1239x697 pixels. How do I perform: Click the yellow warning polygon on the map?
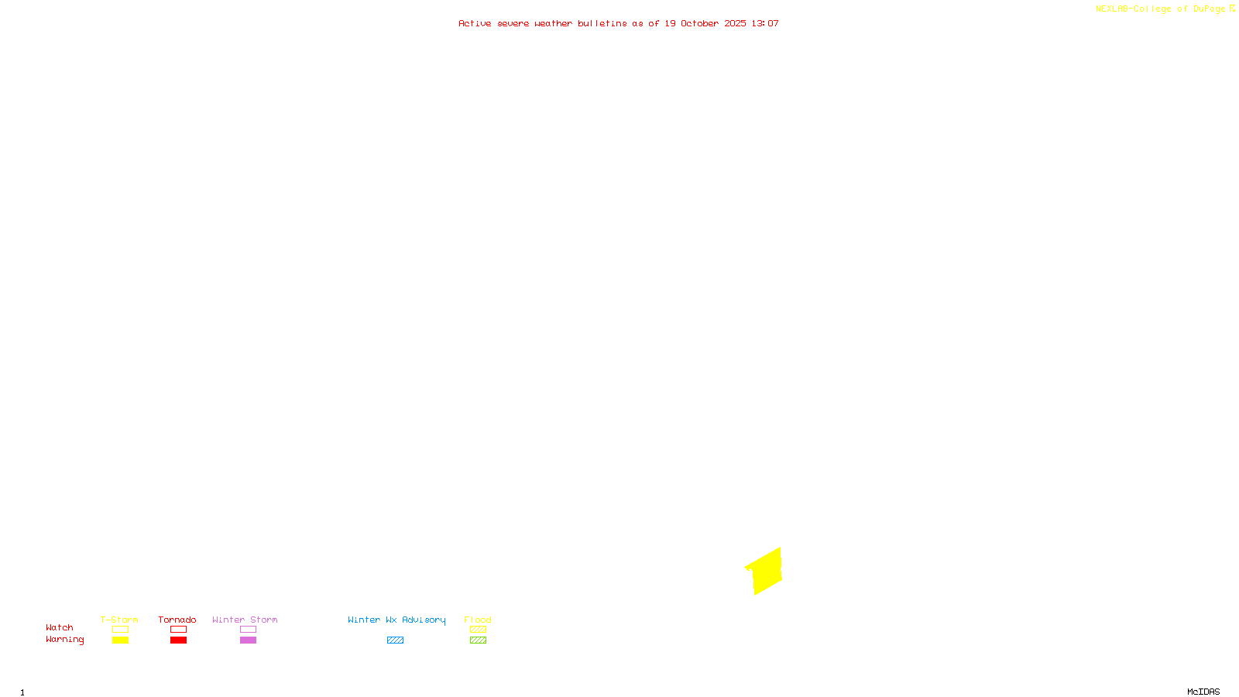tap(765, 572)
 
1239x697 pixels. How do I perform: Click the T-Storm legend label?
tap(119, 620)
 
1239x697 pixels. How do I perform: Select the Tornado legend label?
tap(177, 620)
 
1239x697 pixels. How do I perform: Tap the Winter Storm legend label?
tap(245, 620)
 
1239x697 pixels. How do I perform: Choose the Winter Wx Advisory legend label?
tap(396, 620)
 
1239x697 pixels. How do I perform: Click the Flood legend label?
tap(478, 620)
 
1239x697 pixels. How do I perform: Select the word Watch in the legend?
tap(60, 627)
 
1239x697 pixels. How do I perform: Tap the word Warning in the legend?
tap(65, 640)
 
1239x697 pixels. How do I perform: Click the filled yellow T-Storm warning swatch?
tap(120, 640)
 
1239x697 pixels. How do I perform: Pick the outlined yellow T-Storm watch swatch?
tap(120, 630)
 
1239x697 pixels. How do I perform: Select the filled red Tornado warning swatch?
tap(178, 640)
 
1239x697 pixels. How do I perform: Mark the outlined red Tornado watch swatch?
tap(178, 630)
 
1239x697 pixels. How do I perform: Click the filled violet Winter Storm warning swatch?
tap(248, 640)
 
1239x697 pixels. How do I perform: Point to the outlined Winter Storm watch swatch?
tap(248, 630)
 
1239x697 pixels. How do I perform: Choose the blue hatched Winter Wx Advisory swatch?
tap(395, 640)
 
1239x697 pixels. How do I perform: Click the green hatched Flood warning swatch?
tap(478, 640)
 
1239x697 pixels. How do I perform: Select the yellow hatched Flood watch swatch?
tap(478, 630)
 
